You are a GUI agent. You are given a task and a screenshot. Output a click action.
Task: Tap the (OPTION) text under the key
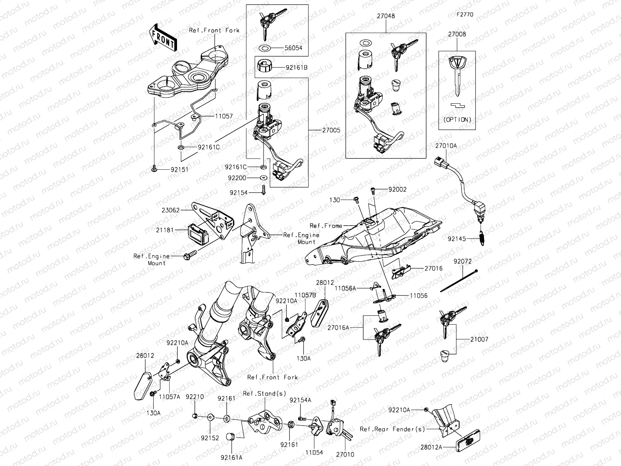[457, 120]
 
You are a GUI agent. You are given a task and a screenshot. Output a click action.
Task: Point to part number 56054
[293, 48]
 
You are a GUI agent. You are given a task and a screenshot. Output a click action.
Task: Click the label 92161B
[297, 67]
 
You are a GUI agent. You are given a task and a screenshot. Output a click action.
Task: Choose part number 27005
[331, 130]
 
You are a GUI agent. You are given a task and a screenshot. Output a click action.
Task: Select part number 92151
[179, 169]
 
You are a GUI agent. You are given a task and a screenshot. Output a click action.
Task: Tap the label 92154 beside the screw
[239, 193]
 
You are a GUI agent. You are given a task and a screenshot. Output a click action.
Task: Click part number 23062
[171, 210]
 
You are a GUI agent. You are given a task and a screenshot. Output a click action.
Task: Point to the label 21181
[165, 230]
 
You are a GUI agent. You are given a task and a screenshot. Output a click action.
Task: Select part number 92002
[397, 190]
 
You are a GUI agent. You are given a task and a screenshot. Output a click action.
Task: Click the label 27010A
[446, 146]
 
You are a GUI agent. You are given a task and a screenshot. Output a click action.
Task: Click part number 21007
[479, 339]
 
